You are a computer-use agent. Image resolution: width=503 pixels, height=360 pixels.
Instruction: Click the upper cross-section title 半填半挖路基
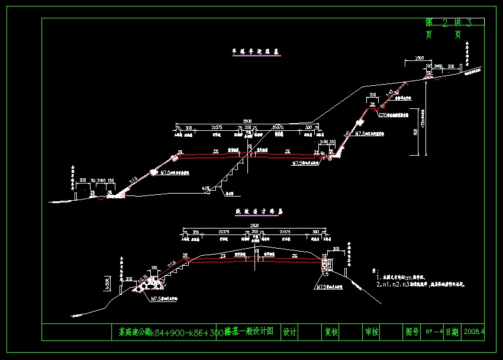coord(256,53)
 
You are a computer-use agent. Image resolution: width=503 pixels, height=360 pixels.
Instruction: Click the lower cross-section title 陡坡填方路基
coord(256,211)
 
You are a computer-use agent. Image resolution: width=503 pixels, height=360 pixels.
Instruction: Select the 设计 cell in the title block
coord(289,332)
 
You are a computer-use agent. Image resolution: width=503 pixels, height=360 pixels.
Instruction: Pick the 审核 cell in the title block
coord(371,332)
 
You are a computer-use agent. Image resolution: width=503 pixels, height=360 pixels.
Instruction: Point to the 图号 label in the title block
coord(412,332)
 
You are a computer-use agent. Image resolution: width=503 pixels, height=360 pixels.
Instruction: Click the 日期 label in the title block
coord(452,332)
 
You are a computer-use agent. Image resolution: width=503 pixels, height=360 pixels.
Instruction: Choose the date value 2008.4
coord(474,332)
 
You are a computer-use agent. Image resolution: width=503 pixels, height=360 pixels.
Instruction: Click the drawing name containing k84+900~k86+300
coord(195,332)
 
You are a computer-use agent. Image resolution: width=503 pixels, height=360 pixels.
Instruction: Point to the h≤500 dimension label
coord(107,283)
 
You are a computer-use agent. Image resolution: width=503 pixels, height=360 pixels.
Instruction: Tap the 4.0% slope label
coord(205,189)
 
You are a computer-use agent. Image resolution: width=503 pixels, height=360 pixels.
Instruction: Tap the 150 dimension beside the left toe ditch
coord(110,180)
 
